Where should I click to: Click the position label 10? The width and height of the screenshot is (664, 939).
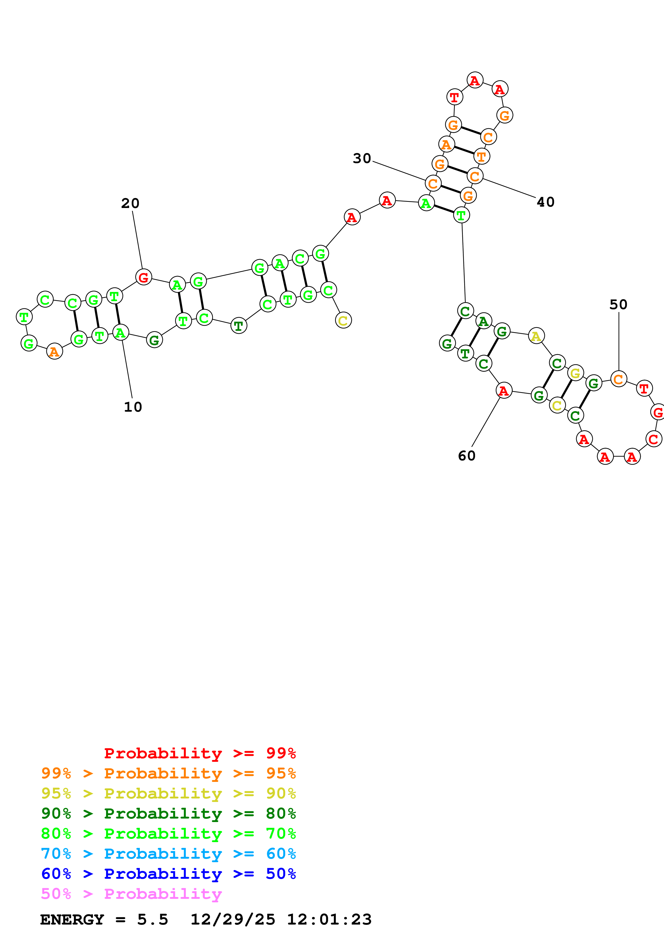133,407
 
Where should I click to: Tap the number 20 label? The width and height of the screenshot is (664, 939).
130,203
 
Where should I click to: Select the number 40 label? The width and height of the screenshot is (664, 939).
545,202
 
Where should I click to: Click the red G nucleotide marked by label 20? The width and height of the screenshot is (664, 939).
144,277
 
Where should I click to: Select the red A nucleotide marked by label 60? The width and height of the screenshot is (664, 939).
504,391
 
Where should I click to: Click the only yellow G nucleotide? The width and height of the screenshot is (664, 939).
575,373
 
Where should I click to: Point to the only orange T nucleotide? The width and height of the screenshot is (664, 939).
482,156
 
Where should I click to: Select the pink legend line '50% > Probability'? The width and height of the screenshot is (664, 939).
131,893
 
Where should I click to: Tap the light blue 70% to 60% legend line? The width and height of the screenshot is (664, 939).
168,854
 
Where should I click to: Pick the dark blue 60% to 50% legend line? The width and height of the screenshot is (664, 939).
168,874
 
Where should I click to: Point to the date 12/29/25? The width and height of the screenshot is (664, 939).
232,919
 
